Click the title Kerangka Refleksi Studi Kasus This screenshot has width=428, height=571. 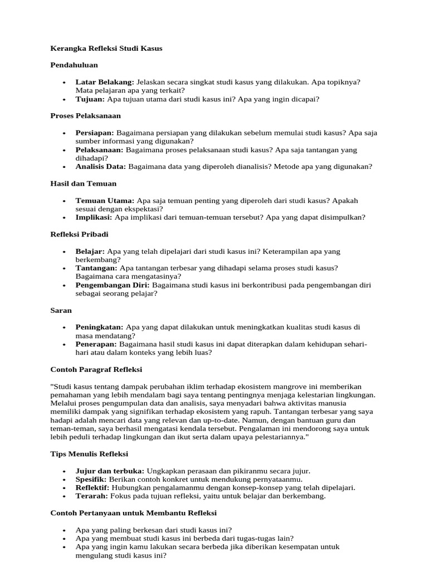pos(106,49)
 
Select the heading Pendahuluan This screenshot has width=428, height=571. pos(74,65)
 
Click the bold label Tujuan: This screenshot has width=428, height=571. pos(90,99)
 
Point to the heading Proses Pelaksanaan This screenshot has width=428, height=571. pos(85,116)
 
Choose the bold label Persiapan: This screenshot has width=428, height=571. pos(95,133)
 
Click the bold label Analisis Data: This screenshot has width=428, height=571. pos(101,167)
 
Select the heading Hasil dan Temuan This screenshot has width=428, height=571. pos(84,183)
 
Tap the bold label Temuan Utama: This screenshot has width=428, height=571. pos(105,200)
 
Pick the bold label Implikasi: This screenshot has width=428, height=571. pos(94,217)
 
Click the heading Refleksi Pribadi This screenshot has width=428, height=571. pos(80,234)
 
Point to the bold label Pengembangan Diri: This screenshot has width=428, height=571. pos(113,285)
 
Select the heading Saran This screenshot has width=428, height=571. pos(61,310)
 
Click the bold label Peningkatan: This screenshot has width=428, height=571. pos(100,327)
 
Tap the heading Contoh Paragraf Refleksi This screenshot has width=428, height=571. pos(96,369)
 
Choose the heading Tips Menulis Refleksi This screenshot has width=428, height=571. pos(89,454)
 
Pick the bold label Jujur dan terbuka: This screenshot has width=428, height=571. pos(110,471)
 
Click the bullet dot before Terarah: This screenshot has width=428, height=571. pos(65,496)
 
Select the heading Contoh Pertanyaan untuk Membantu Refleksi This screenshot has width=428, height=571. pos(134,513)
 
